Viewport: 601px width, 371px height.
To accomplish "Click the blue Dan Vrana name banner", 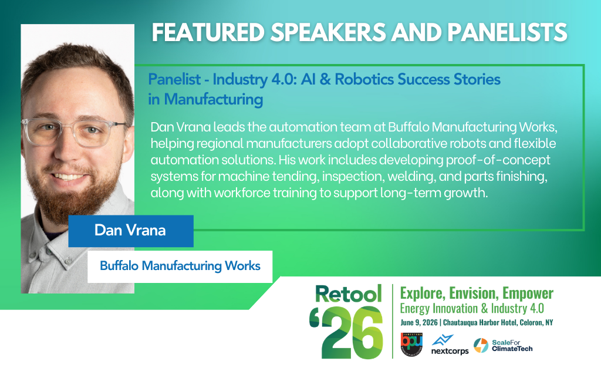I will pyautogui.click(x=130, y=230).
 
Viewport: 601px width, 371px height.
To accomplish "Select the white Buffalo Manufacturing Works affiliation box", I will pyautogui.click(x=180, y=266).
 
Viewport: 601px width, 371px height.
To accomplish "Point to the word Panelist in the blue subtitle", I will pyautogui.click(x=173, y=79).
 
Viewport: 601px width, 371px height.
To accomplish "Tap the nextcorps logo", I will pyautogui.click(x=450, y=345).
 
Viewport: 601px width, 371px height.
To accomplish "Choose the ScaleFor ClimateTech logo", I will pyautogui.click(x=502, y=345).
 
